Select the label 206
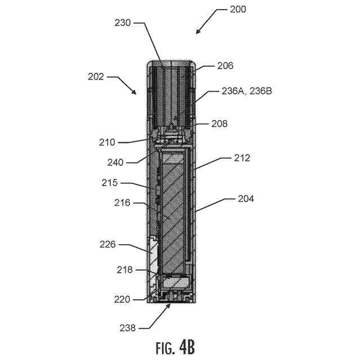tap(226, 66)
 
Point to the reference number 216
tap(122, 202)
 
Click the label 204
tap(245, 199)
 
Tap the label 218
tap(124, 270)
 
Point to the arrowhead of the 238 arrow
tap(171, 305)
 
